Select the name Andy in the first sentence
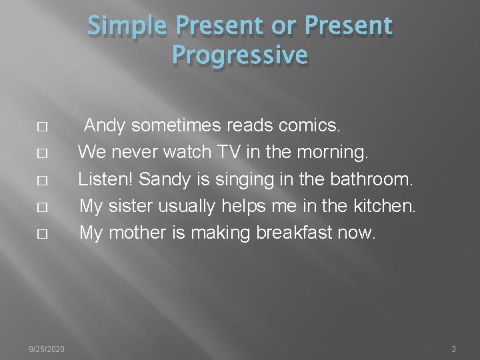point(105,125)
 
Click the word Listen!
point(106,179)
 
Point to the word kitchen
point(381,207)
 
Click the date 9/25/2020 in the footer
point(47,349)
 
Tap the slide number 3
point(453,349)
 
